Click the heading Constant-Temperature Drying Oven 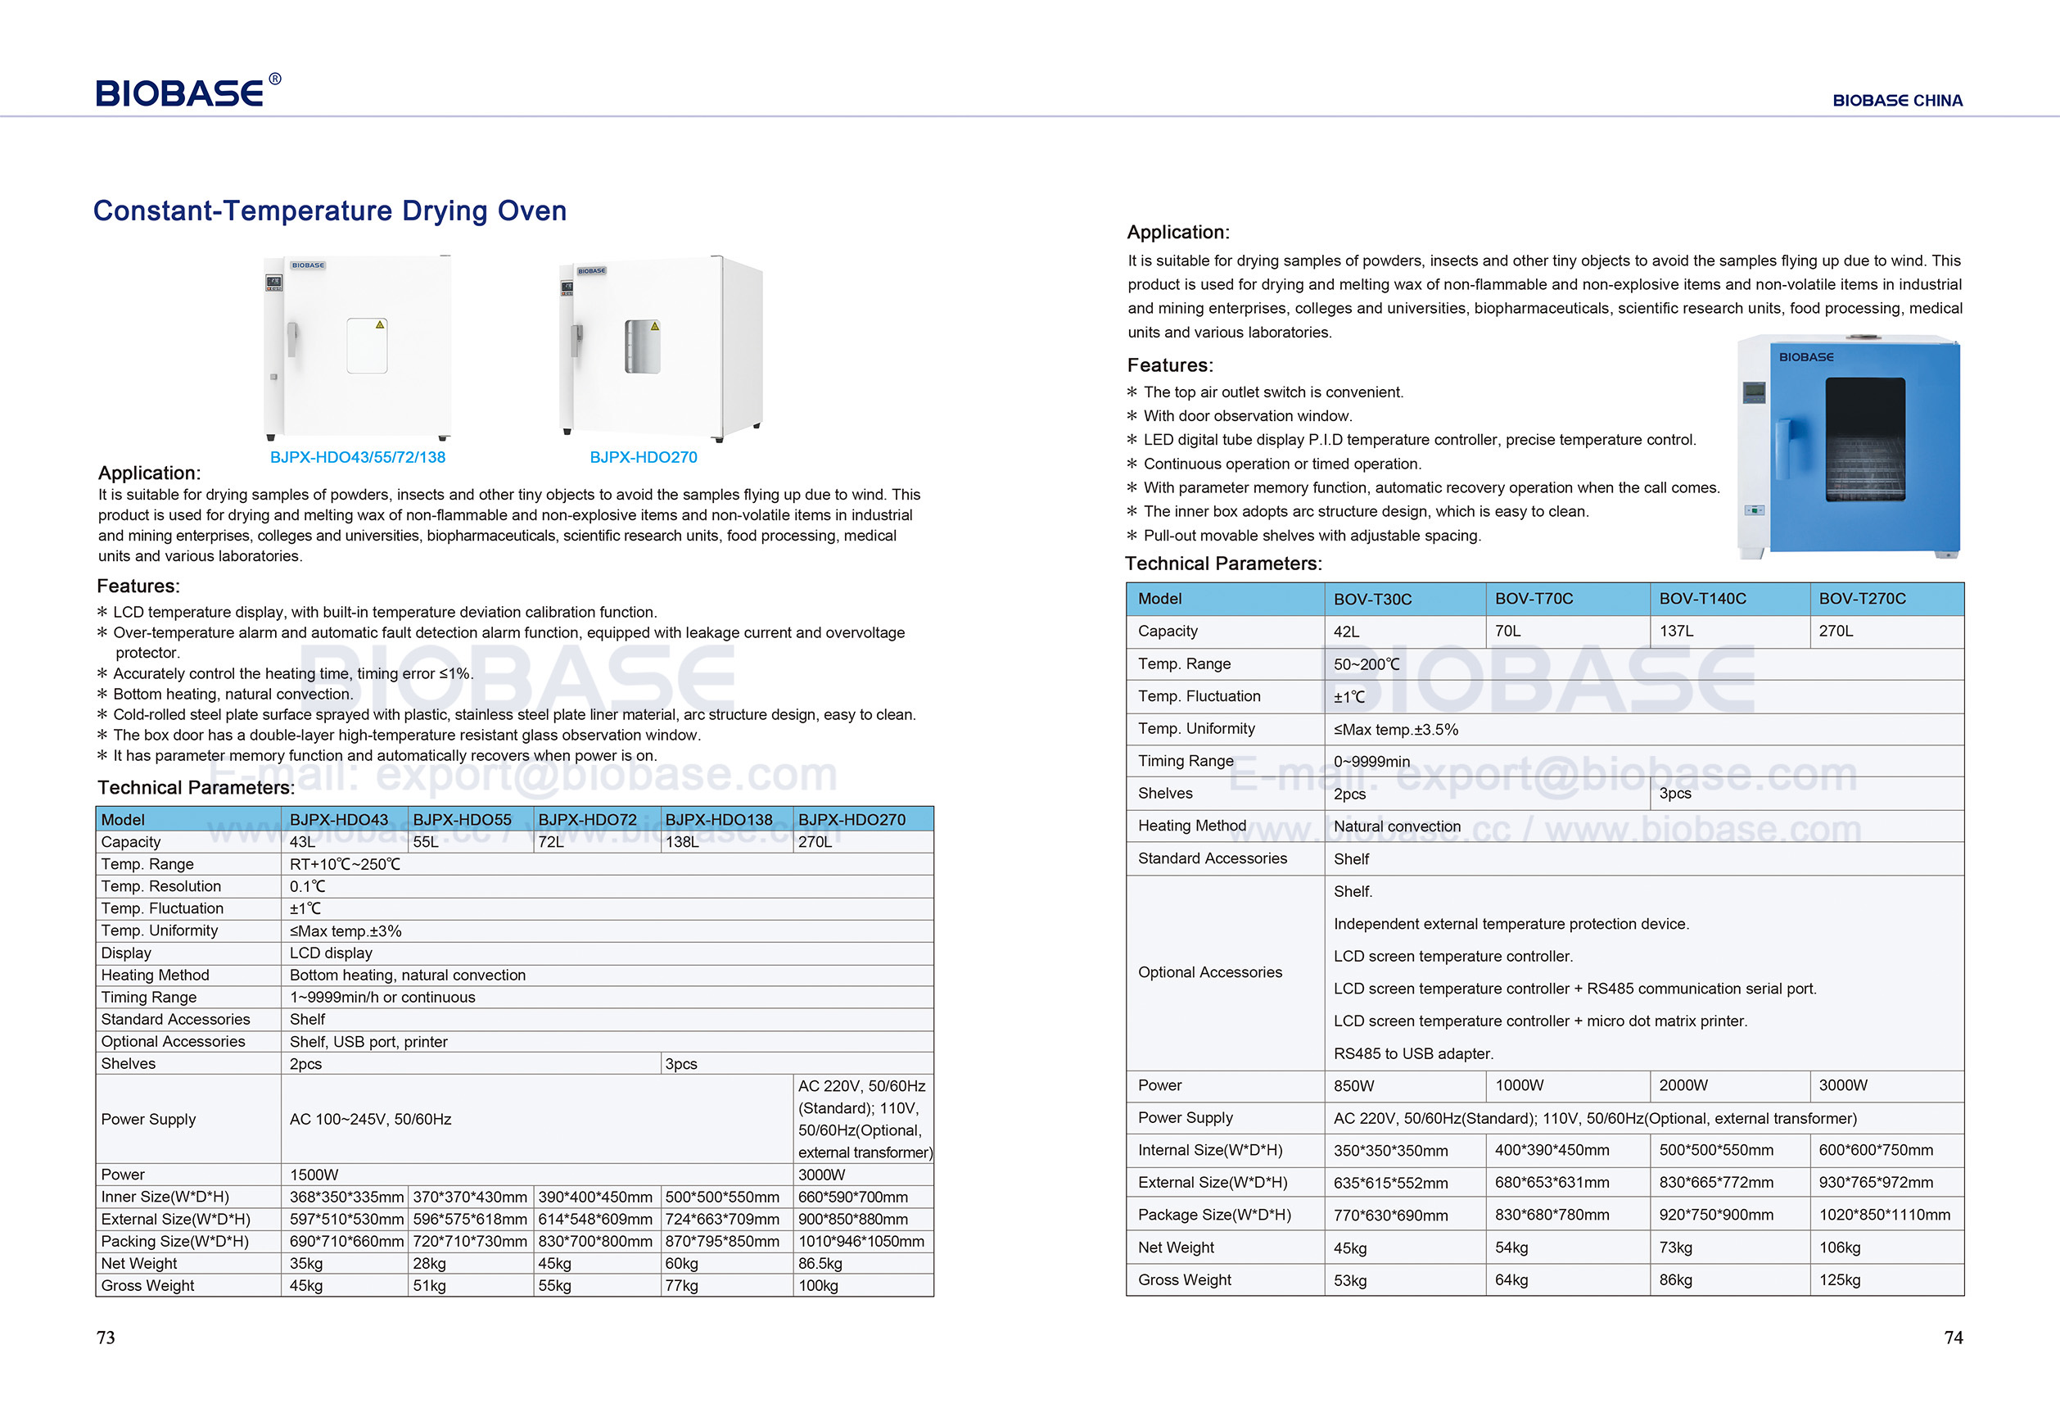pyautogui.click(x=330, y=211)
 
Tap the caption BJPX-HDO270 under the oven pyautogui.click(x=644, y=458)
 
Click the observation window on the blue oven pyautogui.click(x=1865, y=439)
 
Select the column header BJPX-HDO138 pyautogui.click(x=719, y=820)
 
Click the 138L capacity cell pyautogui.click(x=683, y=842)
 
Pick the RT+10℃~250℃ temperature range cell pyautogui.click(x=345, y=864)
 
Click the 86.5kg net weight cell pyautogui.click(x=820, y=1264)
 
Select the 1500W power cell pyautogui.click(x=314, y=1175)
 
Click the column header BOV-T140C pyautogui.click(x=1702, y=600)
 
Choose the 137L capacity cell pyautogui.click(x=1676, y=632)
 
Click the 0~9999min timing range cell pyautogui.click(x=1371, y=762)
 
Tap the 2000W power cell pyautogui.click(x=1683, y=1085)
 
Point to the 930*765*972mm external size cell pyautogui.click(x=1876, y=1183)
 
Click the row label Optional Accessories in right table pyautogui.click(x=1210, y=972)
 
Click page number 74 pyautogui.click(x=1953, y=1338)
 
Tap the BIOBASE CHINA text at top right pyautogui.click(x=1897, y=101)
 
